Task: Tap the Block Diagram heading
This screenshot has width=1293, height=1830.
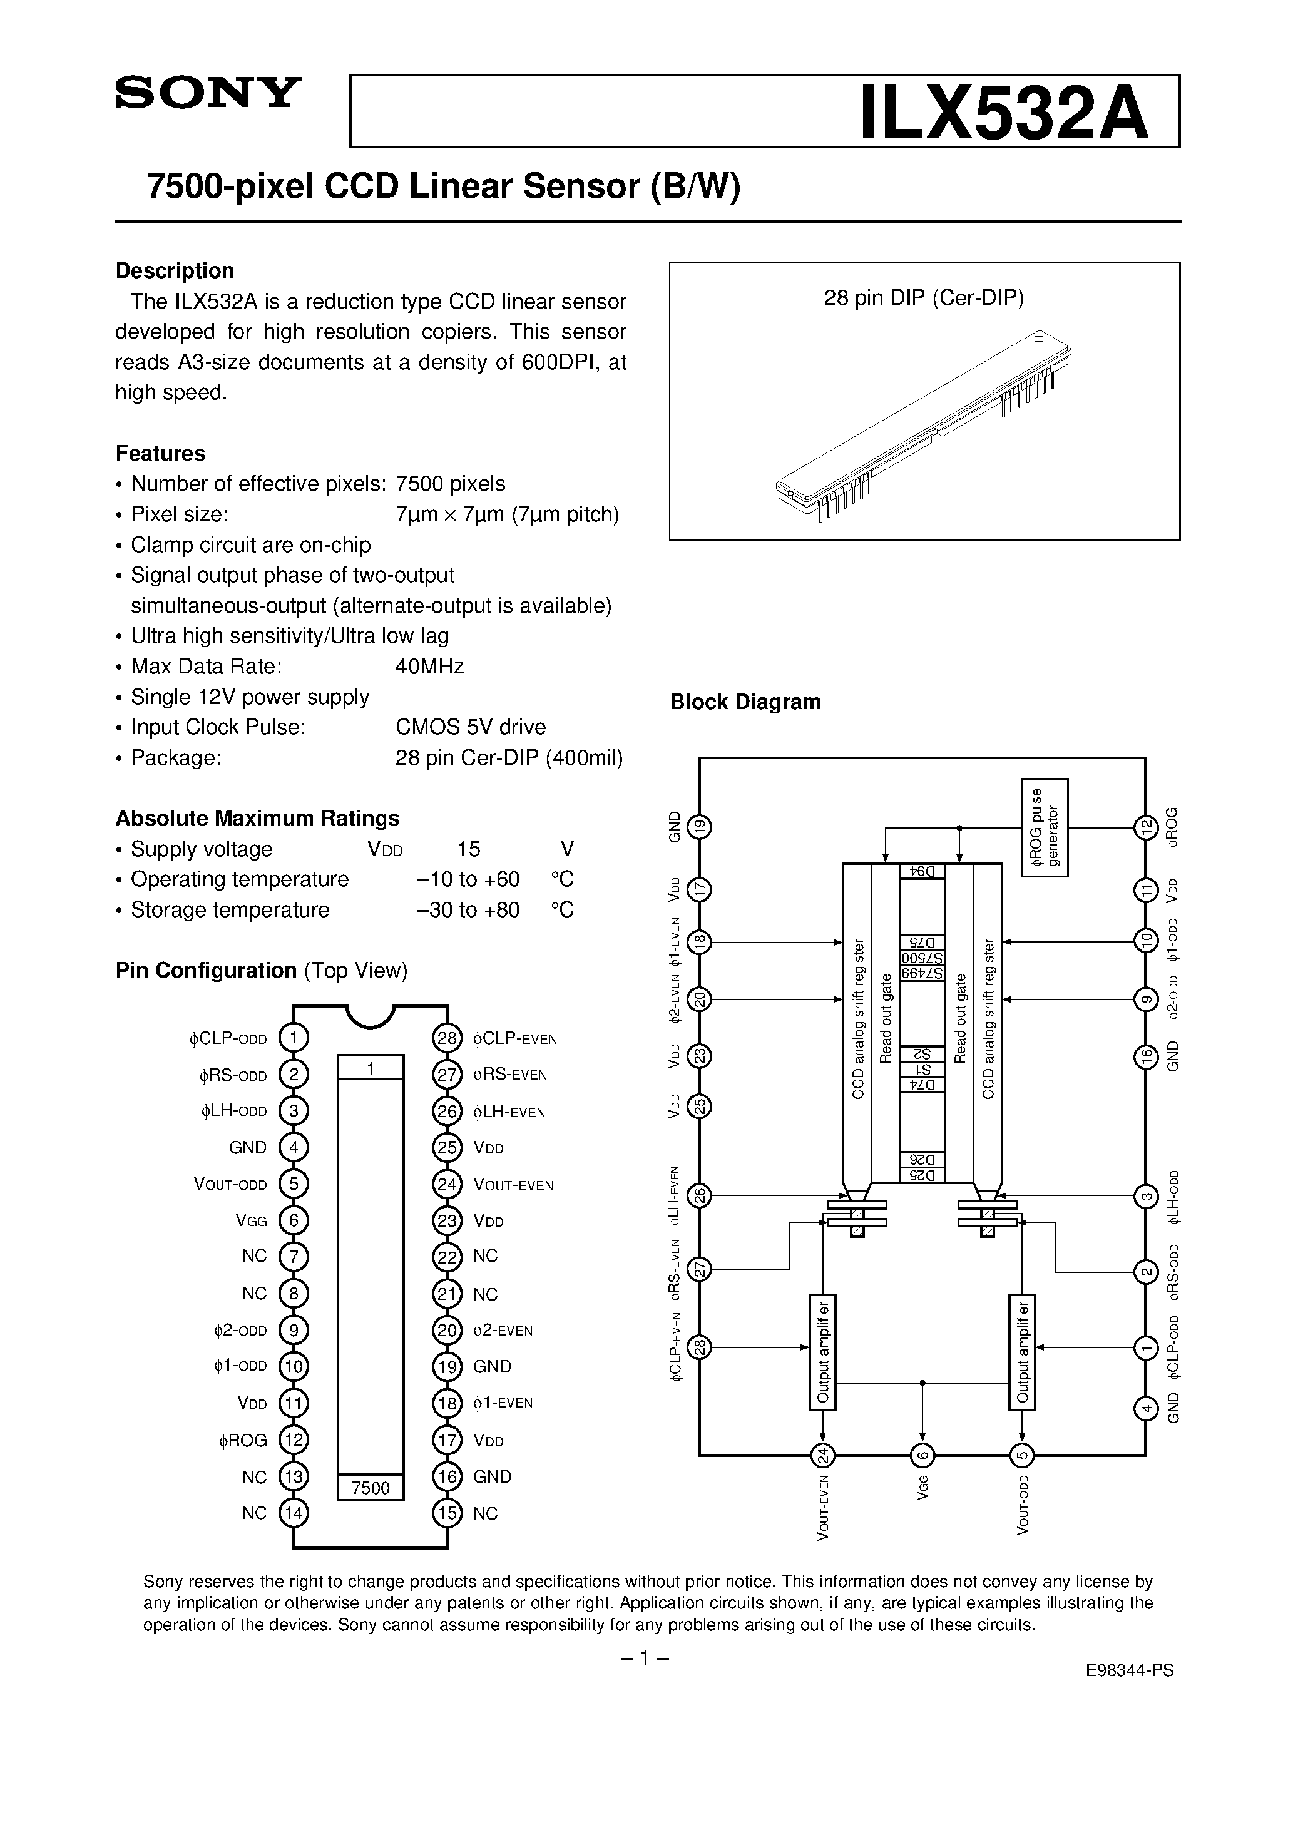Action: click(745, 702)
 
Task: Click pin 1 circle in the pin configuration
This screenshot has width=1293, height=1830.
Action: click(294, 1038)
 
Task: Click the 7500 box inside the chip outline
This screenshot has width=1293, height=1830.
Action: click(371, 1488)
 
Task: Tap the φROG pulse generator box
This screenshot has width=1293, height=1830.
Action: click(1045, 828)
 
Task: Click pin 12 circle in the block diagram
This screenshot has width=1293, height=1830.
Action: click(1145, 828)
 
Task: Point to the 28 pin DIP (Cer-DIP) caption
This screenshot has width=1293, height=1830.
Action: click(923, 298)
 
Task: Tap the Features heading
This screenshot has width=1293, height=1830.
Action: click(160, 454)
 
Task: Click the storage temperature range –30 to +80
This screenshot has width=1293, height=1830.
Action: click(468, 910)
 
